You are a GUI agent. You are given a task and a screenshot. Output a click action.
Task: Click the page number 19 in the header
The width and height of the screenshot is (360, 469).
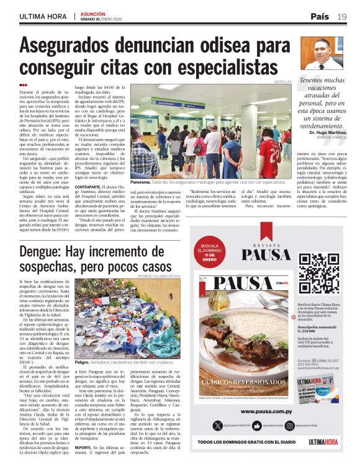[343, 16]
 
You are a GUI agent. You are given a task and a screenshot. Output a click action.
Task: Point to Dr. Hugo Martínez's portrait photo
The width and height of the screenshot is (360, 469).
[322, 55]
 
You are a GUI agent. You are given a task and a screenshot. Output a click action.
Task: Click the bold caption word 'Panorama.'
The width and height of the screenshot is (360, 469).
[141, 183]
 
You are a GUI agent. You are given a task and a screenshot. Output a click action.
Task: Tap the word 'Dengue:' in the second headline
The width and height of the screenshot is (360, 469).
[47, 253]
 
